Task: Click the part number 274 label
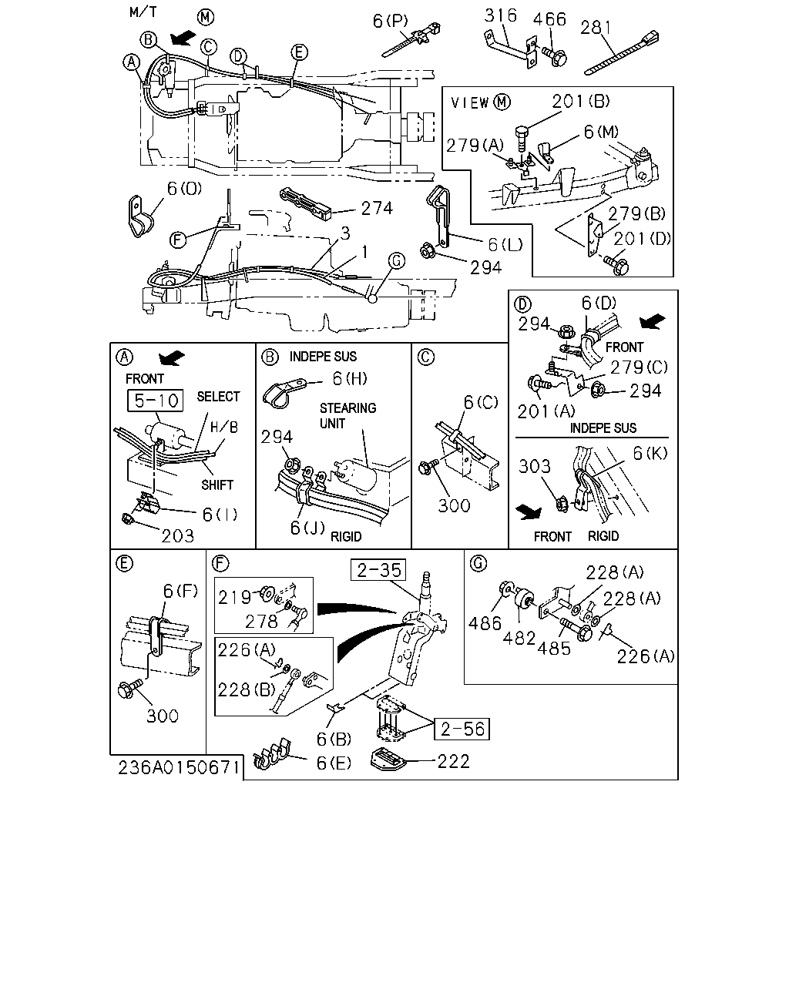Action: coord(377,209)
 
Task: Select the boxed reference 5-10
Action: coord(156,401)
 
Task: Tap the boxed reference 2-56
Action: coord(462,729)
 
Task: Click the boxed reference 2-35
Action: coord(378,570)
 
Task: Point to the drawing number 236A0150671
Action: coord(178,768)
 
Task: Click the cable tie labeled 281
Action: coord(622,52)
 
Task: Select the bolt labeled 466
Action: coord(554,56)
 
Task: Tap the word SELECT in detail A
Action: coord(218,396)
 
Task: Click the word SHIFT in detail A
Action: coord(217,485)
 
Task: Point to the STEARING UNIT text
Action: coord(347,415)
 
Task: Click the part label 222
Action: coord(453,762)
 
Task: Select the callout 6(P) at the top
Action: coord(390,21)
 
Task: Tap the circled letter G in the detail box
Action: coord(478,563)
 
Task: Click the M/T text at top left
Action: coord(143,12)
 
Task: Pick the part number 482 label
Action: coord(519,638)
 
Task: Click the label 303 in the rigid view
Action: coord(535,467)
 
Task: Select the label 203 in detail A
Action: coord(178,535)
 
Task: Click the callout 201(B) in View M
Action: coord(581,101)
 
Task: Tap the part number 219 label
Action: coord(234,598)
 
